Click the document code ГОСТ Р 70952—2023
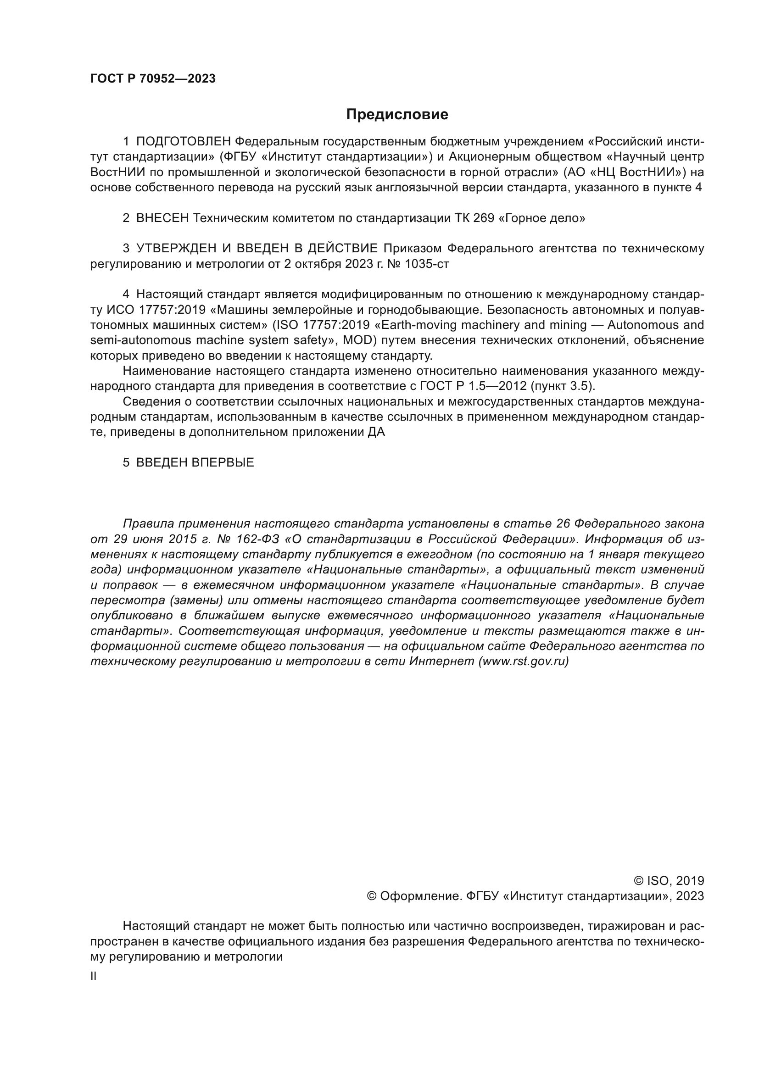[153, 78]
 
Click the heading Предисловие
[397, 115]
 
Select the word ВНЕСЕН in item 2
[162, 218]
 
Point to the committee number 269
[484, 218]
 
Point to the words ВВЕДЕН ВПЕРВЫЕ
[195, 463]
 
